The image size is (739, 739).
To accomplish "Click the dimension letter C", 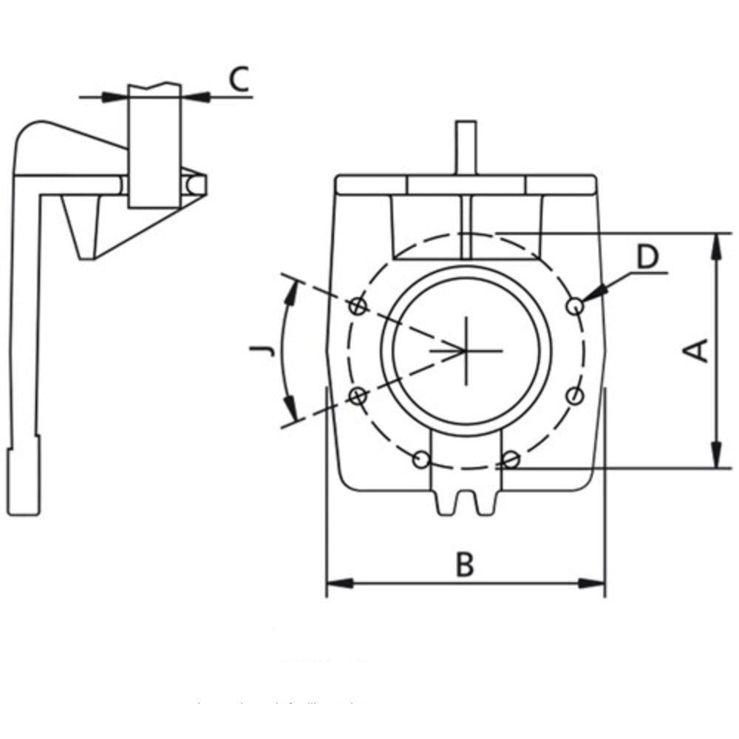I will point(238,79).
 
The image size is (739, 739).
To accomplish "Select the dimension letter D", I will point(647,258).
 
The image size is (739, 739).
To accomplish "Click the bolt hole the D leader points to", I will point(575,304).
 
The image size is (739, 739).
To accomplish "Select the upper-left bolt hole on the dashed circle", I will point(358,305).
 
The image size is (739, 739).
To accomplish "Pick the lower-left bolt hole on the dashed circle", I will point(358,396).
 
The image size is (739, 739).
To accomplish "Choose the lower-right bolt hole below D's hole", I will point(575,396).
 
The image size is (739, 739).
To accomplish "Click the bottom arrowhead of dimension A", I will point(715,454).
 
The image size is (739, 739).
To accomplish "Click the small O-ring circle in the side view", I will point(194,183).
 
